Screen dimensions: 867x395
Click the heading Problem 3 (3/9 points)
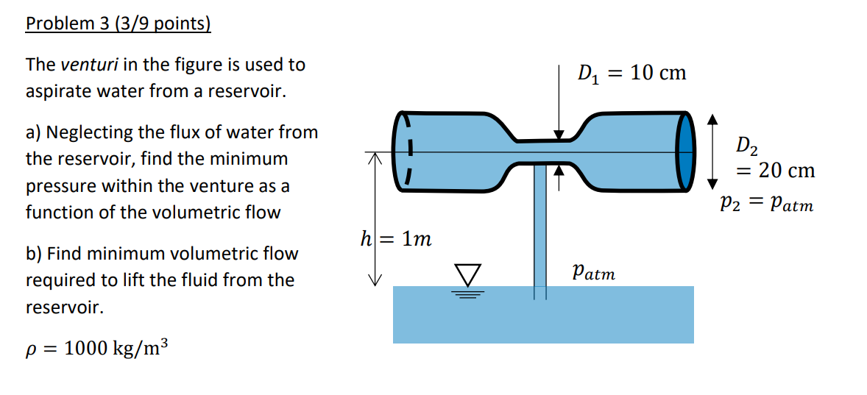coord(118,24)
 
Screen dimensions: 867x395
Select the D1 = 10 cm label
coord(631,74)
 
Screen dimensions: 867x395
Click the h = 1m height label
coord(395,239)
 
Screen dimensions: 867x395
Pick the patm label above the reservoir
coord(594,272)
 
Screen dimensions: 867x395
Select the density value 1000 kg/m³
coord(116,348)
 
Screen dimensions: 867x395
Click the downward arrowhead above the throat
coord(559,135)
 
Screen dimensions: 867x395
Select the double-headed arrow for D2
coord(712,150)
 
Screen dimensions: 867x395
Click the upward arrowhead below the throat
coord(559,169)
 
